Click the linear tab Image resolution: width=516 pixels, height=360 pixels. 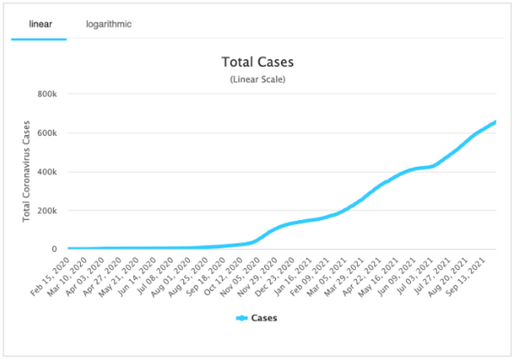click(39, 24)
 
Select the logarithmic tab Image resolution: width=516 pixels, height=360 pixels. click(108, 24)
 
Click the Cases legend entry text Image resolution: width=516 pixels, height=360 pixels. click(263, 318)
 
